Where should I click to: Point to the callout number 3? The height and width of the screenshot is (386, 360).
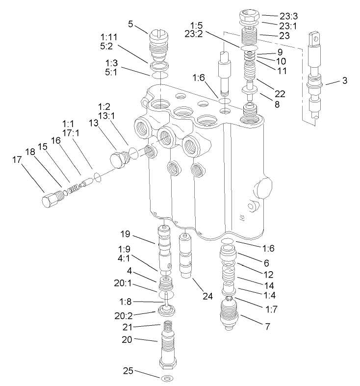tap(345, 80)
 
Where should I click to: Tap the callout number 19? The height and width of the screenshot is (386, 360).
tap(126, 233)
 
